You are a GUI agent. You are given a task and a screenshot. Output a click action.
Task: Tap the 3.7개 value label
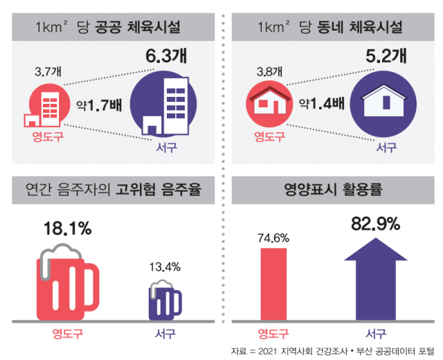(x=47, y=71)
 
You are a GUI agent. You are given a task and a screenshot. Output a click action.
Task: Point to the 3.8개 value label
(x=268, y=71)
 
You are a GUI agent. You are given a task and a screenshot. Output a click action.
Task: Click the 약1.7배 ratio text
(x=102, y=106)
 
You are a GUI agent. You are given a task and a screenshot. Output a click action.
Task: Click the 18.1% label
(x=67, y=228)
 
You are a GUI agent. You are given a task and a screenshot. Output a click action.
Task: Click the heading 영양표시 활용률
(x=333, y=188)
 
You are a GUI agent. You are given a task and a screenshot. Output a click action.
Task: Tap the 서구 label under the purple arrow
(x=376, y=332)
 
